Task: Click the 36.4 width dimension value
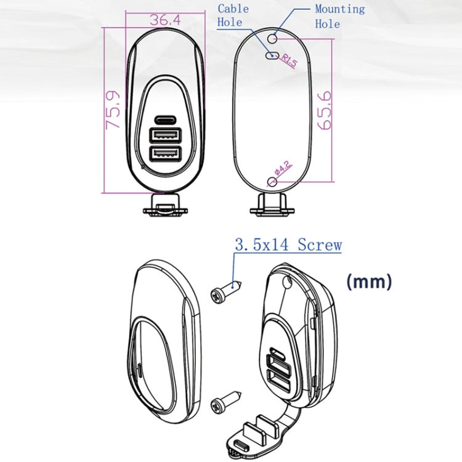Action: pyautogui.click(x=164, y=20)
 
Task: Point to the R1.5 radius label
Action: pyautogui.click(x=290, y=60)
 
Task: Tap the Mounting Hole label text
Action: pyautogui.click(x=339, y=17)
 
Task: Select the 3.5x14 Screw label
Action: pyautogui.click(x=288, y=245)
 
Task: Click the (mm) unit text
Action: pyautogui.click(x=368, y=282)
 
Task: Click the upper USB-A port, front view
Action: pyautogui.click(x=165, y=134)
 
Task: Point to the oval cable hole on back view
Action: pyautogui.click(x=271, y=55)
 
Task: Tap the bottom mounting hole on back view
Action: pyautogui.click(x=273, y=181)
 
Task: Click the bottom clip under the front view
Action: pyautogui.click(x=165, y=205)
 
